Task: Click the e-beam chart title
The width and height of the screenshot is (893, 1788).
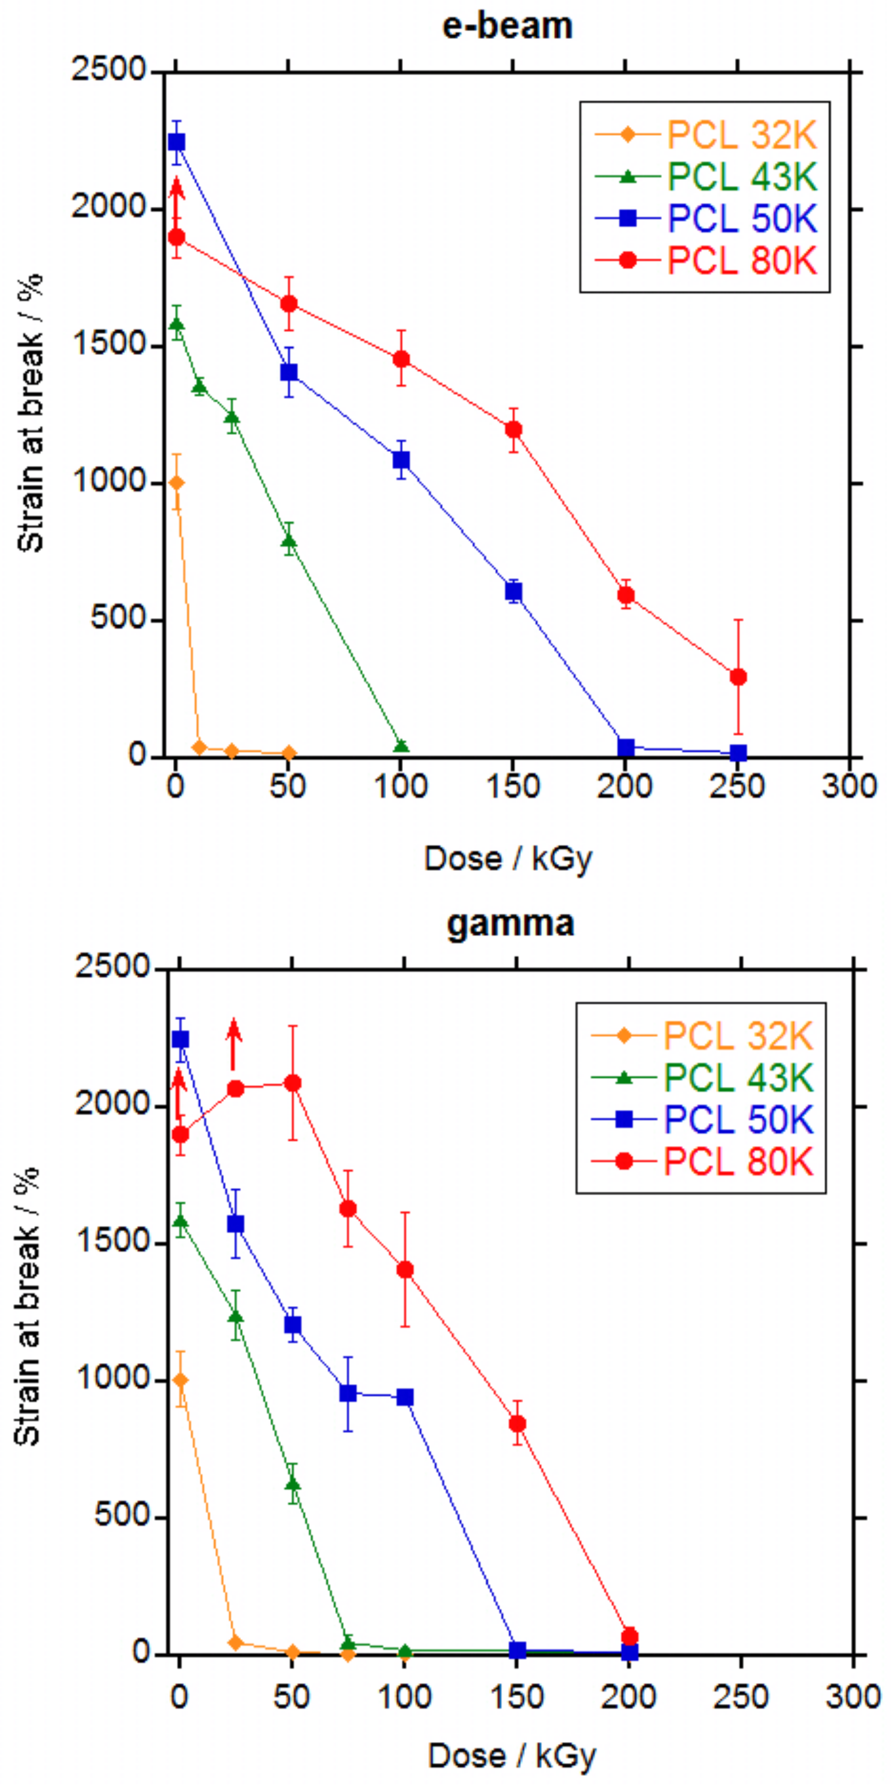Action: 508,27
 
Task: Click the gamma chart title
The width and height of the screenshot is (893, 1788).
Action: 510,924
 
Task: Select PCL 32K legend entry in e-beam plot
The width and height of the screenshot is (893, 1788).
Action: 705,135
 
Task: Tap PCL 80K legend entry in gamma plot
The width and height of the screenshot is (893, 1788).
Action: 701,1161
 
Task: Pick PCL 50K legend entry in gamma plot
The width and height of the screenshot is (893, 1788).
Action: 701,1119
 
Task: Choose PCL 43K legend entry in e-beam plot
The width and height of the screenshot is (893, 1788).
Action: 705,176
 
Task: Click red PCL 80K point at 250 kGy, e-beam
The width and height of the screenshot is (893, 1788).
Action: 738,677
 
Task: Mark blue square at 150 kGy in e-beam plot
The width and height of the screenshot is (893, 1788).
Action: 513,591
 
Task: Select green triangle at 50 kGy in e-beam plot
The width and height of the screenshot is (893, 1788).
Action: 289,542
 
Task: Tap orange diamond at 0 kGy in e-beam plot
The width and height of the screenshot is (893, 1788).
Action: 176,482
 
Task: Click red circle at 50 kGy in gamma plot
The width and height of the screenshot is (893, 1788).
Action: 293,1083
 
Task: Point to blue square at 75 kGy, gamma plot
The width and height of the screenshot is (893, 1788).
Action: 348,1393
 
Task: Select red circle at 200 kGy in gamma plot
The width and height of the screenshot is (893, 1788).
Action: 629,1636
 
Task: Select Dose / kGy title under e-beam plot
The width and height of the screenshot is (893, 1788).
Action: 508,859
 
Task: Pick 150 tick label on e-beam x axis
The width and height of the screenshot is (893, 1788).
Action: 513,786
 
